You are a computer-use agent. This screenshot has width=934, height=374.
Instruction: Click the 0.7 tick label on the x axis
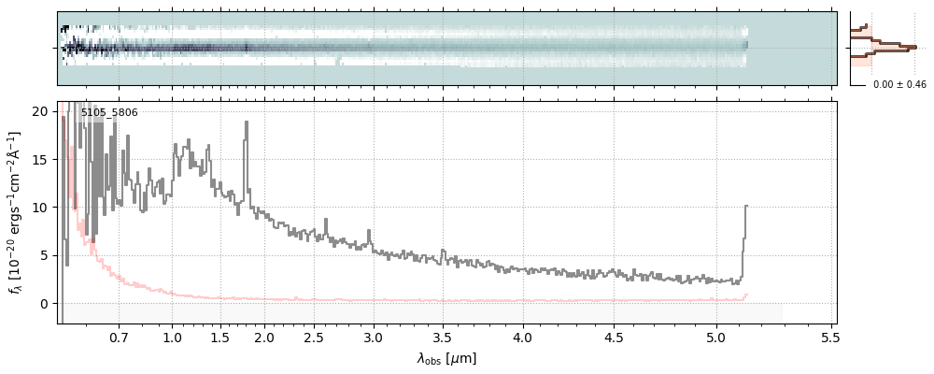pyautogui.click(x=119, y=338)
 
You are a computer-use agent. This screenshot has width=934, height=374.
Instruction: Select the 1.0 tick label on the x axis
pyautogui.click(x=171, y=338)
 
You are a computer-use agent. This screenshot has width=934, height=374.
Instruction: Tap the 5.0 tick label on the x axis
pyautogui.click(x=716, y=338)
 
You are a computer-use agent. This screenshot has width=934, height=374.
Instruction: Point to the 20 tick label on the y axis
pyautogui.click(x=39, y=111)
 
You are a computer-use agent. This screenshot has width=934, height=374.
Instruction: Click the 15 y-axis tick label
pyautogui.click(x=39, y=159)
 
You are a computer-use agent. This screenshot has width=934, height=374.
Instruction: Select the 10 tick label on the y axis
pyautogui.click(x=39, y=208)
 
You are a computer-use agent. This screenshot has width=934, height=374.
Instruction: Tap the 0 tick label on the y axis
pyautogui.click(x=43, y=304)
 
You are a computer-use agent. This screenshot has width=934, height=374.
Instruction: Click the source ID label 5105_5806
pyautogui.click(x=109, y=113)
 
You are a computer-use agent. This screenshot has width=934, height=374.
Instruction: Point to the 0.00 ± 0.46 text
pyautogui.click(x=899, y=85)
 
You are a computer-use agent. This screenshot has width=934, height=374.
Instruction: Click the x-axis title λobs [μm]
pyautogui.click(x=446, y=358)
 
